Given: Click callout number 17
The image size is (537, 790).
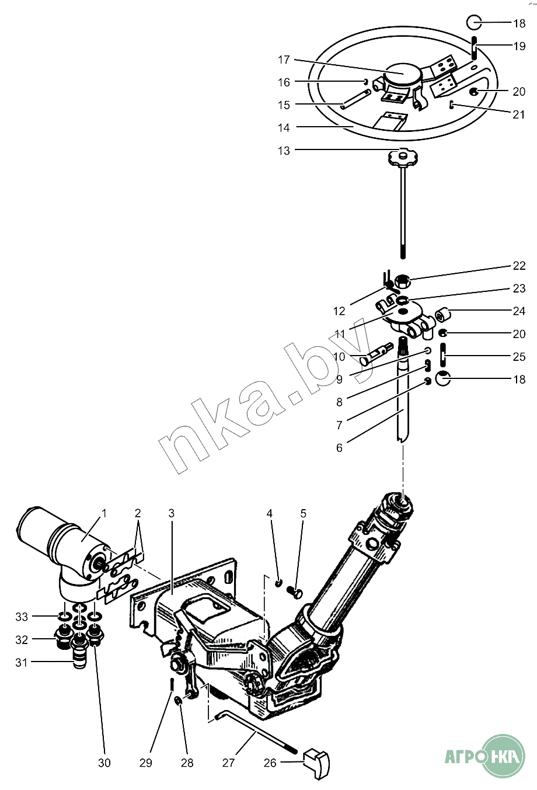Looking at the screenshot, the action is [284, 60].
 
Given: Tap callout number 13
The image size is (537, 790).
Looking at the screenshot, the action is [284, 151].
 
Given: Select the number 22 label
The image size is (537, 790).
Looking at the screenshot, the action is [519, 266].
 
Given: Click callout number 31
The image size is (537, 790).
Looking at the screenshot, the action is [22, 662].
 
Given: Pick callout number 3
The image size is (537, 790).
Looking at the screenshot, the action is [171, 514].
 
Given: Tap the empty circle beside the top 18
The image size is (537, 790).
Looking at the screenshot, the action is [473, 23].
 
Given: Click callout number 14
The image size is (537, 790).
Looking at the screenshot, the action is [284, 127].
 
